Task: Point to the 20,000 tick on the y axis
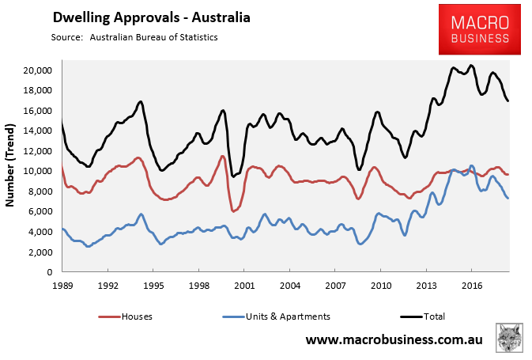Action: pyautogui.click(x=37, y=70)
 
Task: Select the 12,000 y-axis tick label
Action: pyautogui.click(x=37, y=151)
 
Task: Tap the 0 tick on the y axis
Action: pyautogui.click(x=49, y=272)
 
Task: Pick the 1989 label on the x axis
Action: pyautogui.click(x=62, y=284)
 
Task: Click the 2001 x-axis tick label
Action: pyautogui.click(x=243, y=284)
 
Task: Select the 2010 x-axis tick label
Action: pyautogui.click(x=381, y=284)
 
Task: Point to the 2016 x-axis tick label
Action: pyautogui.click(x=472, y=284)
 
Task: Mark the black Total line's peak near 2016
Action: pyautogui.click(x=471, y=66)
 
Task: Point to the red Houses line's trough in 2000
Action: pyautogui.click(x=234, y=211)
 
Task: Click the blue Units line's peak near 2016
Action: pyautogui.click(x=472, y=166)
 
